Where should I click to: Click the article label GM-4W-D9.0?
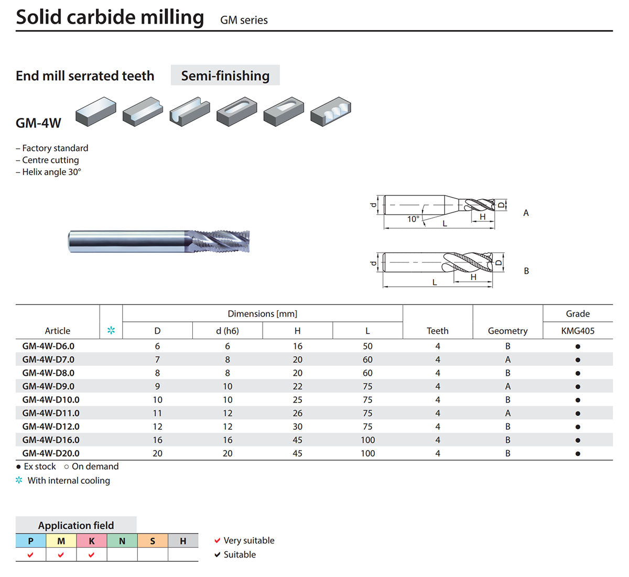[x=48, y=386]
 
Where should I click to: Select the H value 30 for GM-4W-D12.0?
[x=297, y=427]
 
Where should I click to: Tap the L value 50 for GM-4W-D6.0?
[x=367, y=346]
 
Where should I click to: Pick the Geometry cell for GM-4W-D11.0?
[x=507, y=413]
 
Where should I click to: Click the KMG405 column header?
[x=578, y=331]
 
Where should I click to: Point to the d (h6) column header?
[x=227, y=331]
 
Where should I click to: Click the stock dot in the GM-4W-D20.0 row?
[x=578, y=453]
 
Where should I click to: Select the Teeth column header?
[x=437, y=331]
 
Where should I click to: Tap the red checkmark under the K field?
[x=92, y=555]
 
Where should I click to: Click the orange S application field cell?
[x=153, y=541]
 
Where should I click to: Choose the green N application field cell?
[x=122, y=541]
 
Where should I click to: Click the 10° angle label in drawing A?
[x=413, y=219]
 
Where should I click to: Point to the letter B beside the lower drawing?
[x=526, y=270]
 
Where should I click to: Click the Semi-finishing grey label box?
[x=225, y=75]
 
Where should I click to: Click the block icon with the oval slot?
[x=237, y=111]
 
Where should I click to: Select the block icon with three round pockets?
[x=331, y=111]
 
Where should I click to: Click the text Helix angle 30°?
[x=51, y=172]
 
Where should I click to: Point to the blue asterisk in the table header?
[x=111, y=330]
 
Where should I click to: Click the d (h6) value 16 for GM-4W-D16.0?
[x=227, y=440]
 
